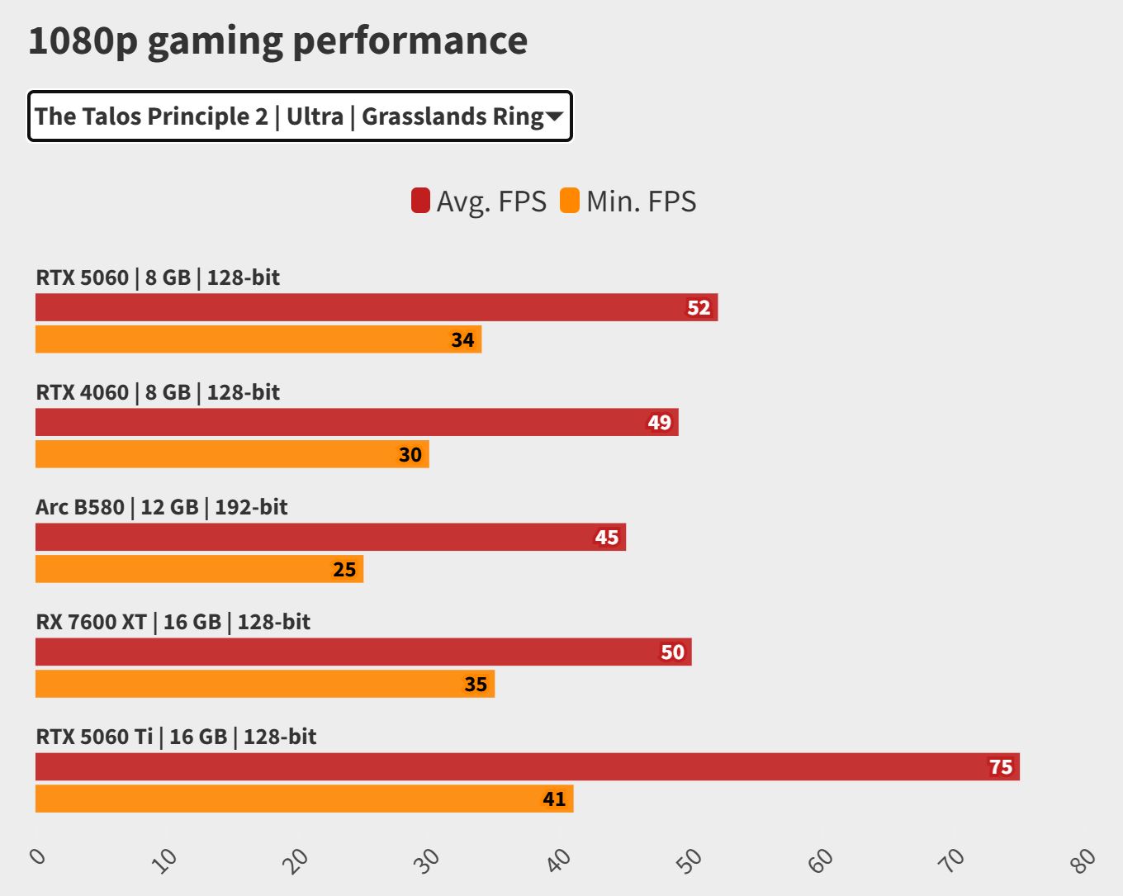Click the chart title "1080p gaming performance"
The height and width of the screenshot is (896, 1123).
[277, 41]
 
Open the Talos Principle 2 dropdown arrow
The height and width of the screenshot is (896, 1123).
[554, 116]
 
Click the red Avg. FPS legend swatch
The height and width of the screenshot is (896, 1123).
[420, 201]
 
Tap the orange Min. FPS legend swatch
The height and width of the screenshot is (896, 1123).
[570, 201]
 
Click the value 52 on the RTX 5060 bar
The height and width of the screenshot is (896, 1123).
[699, 308]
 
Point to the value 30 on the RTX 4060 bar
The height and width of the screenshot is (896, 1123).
[410, 454]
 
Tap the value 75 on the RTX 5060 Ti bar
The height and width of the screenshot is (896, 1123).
[1001, 767]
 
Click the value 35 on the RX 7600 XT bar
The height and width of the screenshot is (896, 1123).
[476, 684]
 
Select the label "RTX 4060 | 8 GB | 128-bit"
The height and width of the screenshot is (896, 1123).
[158, 392]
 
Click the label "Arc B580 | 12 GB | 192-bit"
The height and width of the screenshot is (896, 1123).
[162, 507]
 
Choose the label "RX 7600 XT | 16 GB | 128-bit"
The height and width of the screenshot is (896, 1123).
[173, 622]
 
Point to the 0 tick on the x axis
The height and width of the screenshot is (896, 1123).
[38, 856]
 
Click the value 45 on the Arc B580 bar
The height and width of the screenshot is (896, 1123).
[607, 538]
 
